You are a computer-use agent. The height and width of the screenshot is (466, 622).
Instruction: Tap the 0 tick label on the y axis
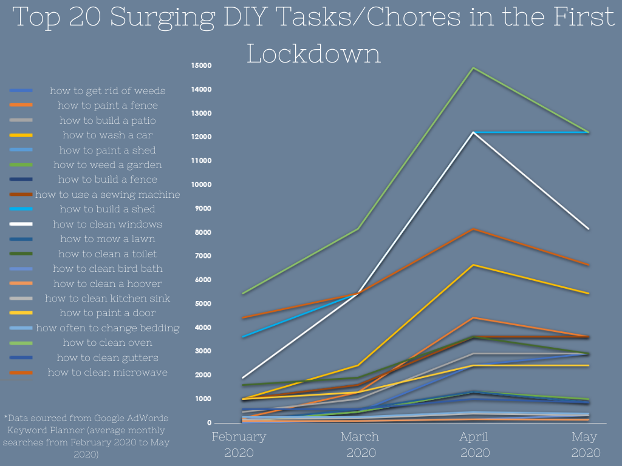click(208, 423)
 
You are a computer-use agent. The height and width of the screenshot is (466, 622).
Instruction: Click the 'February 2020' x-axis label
click(239, 445)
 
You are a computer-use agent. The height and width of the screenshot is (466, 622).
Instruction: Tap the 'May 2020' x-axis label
click(585, 445)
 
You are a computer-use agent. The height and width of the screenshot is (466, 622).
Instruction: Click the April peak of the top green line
click(473, 68)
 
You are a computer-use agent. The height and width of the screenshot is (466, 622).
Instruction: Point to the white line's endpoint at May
click(588, 229)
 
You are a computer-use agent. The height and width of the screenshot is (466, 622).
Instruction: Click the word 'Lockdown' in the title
click(313, 53)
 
